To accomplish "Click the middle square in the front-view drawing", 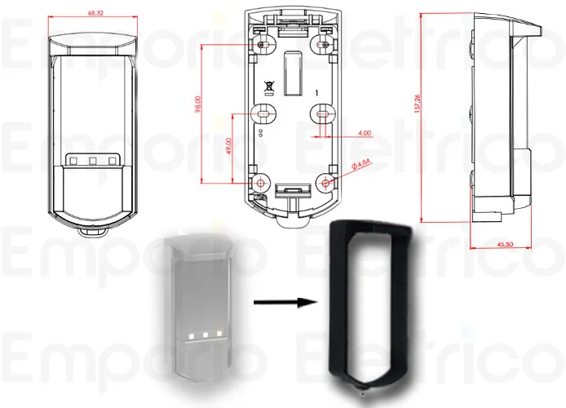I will (x=92, y=160).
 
